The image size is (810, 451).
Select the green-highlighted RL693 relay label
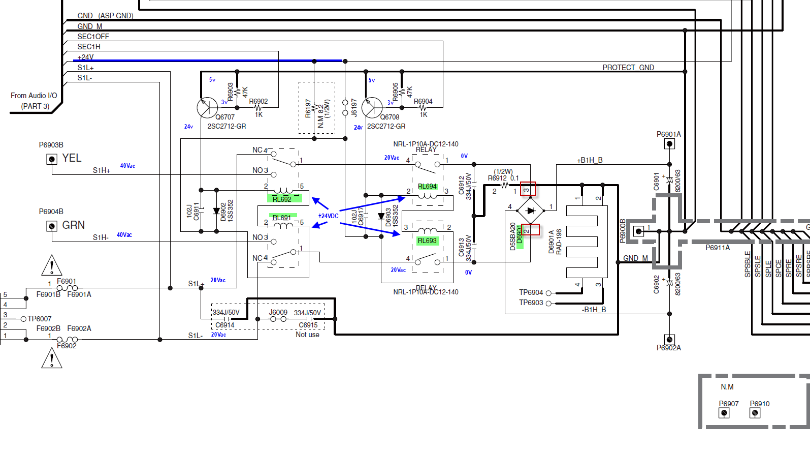(427, 240)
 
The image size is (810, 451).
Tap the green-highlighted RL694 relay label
(427, 187)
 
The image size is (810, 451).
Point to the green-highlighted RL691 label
(282, 218)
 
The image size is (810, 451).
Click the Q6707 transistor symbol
(207, 108)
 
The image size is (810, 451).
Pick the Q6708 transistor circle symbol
(372, 108)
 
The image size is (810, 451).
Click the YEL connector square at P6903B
(52, 159)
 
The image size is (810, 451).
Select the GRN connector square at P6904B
(52, 226)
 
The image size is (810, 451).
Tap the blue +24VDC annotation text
(328, 216)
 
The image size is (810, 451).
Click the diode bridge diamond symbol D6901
(530, 211)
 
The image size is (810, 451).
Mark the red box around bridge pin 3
(528, 189)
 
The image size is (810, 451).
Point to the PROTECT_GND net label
(628, 68)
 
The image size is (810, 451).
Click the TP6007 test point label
(40, 319)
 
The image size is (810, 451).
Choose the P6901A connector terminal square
(669, 144)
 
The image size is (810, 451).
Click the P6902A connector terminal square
(669, 339)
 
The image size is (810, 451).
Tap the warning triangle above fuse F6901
(52, 265)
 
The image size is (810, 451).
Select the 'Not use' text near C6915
(307, 335)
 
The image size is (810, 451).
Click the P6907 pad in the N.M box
(724, 413)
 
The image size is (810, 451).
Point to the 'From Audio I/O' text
(34, 96)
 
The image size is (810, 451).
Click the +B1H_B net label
(590, 160)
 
